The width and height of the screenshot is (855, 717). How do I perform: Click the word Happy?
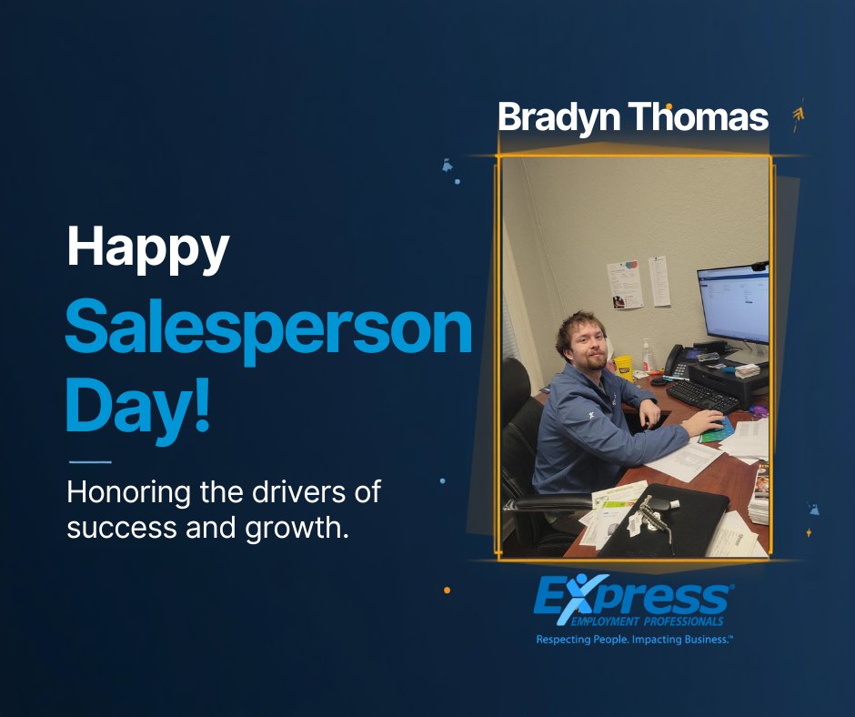(147, 248)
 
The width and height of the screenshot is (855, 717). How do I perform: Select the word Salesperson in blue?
(268, 333)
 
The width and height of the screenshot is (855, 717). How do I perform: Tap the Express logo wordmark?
(632, 598)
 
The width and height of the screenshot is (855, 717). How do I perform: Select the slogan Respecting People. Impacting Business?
(634, 641)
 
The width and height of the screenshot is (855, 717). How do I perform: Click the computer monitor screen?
(733, 304)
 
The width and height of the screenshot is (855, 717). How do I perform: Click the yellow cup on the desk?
(623, 366)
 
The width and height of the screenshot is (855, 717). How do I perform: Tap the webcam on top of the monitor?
(759, 267)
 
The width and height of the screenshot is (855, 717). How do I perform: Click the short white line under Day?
(89, 461)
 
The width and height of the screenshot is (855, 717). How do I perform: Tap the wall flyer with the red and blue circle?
(625, 284)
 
